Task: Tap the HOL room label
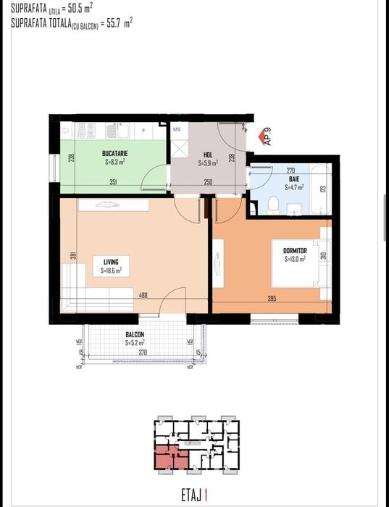click(208, 154)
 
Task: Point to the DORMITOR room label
click(295, 250)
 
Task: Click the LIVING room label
click(111, 262)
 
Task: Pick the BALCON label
click(135, 334)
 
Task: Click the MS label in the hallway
click(176, 129)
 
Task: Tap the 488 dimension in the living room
click(143, 294)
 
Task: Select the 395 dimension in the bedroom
click(273, 300)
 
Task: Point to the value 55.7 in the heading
click(106, 23)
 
